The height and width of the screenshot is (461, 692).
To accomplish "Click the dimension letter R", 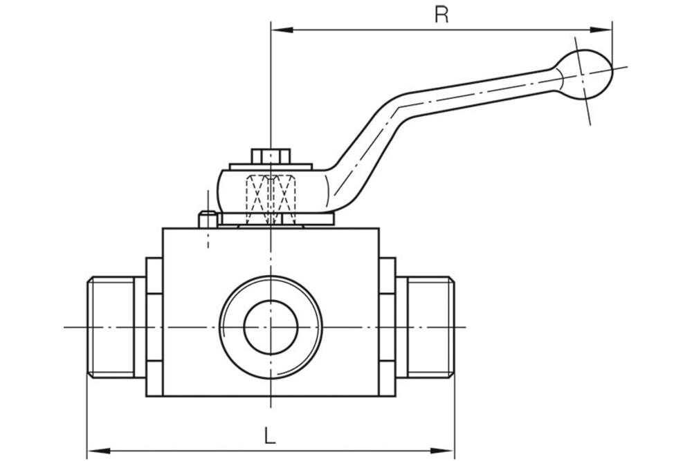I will pyautogui.click(x=441, y=15).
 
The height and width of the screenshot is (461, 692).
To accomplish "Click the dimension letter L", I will pyautogui.click(x=270, y=435).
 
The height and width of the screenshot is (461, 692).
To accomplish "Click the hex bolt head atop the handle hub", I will pyautogui.click(x=271, y=156).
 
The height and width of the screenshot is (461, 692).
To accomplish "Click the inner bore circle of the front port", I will pyautogui.click(x=271, y=327).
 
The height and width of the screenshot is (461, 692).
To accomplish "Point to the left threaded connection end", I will pyautogui.click(x=111, y=327).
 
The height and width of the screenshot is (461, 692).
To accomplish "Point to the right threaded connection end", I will pyautogui.click(x=430, y=327).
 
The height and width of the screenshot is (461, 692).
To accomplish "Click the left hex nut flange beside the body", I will pyautogui.click(x=154, y=327).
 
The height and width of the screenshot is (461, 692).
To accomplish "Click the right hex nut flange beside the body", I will pyautogui.click(x=387, y=327).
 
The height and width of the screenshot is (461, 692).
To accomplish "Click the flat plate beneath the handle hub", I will pyautogui.click(x=277, y=220).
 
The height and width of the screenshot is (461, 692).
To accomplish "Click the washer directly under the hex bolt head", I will pyautogui.click(x=271, y=167).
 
